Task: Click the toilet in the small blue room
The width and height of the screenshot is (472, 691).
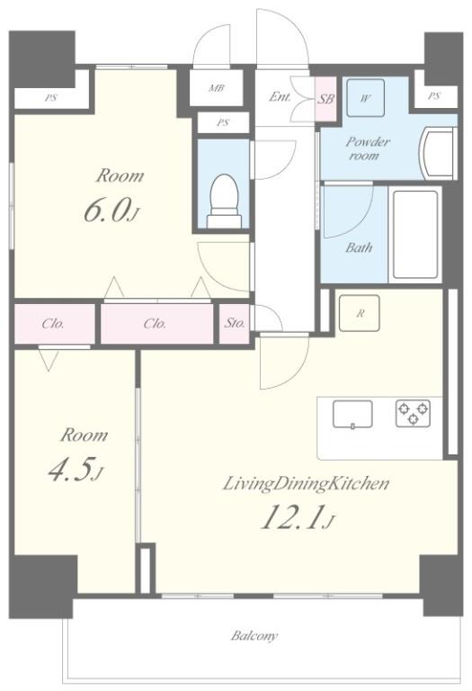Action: pos(224,201)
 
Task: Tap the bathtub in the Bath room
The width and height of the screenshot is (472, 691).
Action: pos(415,236)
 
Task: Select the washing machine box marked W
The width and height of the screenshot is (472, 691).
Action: pos(365,98)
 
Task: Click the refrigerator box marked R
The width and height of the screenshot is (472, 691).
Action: pos(360,313)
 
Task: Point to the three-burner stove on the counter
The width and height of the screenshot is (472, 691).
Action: pos(413,413)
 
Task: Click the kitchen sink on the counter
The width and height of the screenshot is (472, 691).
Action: pos(352,414)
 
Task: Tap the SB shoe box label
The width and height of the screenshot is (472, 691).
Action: pos(325,99)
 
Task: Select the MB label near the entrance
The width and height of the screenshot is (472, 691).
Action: pos(216,88)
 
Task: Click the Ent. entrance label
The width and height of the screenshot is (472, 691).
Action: pos(280,96)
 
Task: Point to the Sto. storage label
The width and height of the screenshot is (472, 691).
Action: pos(235,323)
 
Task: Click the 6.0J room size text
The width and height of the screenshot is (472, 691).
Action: pos(111,211)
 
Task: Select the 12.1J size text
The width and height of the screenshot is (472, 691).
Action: pos(298,517)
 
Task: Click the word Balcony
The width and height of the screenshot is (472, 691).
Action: pos(254,636)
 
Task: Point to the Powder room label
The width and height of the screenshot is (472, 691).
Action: pos(368,148)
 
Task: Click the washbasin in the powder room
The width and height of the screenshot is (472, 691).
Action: pos(438,152)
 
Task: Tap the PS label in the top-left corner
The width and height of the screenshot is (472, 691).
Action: pos(50,98)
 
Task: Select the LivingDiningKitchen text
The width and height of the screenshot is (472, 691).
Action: pos(306,484)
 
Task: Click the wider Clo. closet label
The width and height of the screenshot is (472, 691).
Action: pos(155,324)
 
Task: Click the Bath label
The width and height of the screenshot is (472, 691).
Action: pos(359,247)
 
